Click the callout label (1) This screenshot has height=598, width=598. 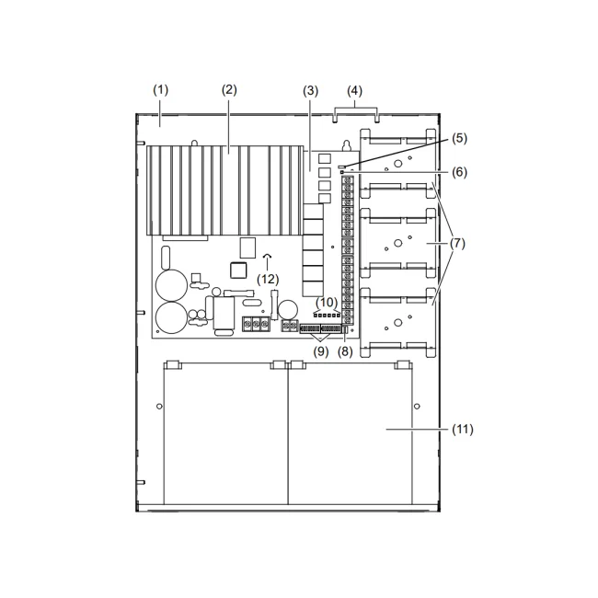pos(161,90)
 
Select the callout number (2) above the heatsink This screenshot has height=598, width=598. pos(229,90)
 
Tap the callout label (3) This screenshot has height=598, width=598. pos(310,91)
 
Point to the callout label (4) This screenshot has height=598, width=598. pos(355,91)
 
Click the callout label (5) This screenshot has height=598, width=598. pos(460,138)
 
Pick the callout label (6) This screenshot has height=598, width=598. pos(460,172)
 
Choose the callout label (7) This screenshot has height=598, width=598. pos(457,243)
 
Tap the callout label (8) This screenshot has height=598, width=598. pos(345,351)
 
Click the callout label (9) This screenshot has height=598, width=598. pos(321,351)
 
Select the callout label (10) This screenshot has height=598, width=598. pos(327,303)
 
